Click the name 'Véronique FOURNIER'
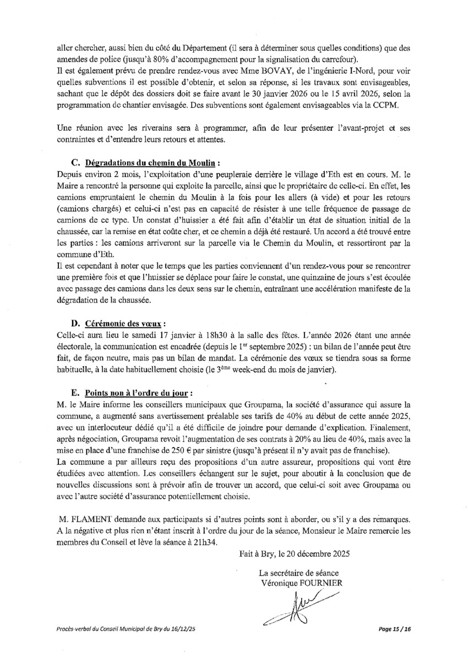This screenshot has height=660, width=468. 302,582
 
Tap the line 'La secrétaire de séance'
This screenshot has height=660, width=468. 302,573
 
